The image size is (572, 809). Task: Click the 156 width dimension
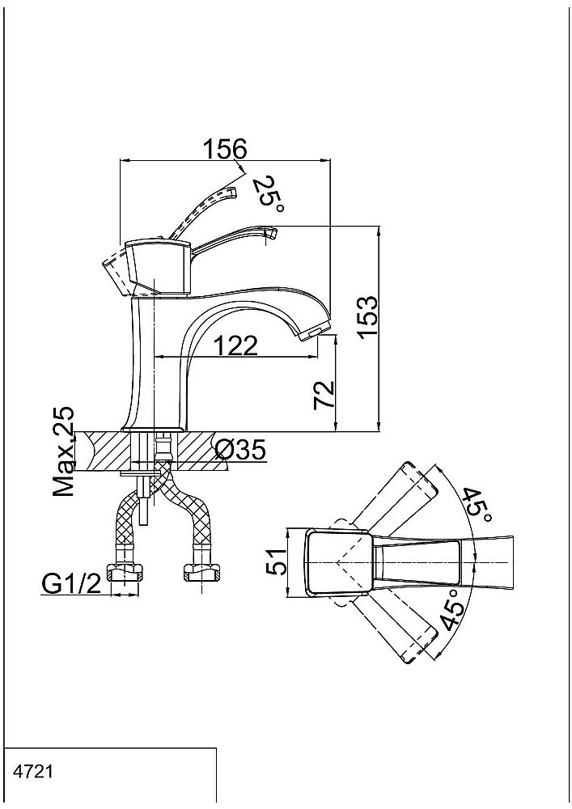[224, 150]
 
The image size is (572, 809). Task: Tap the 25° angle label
[268, 194]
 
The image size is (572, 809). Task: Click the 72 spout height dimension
[324, 395]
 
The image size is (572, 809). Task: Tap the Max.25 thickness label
[63, 451]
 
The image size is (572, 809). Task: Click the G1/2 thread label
[71, 584]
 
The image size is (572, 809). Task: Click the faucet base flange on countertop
[154, 428]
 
